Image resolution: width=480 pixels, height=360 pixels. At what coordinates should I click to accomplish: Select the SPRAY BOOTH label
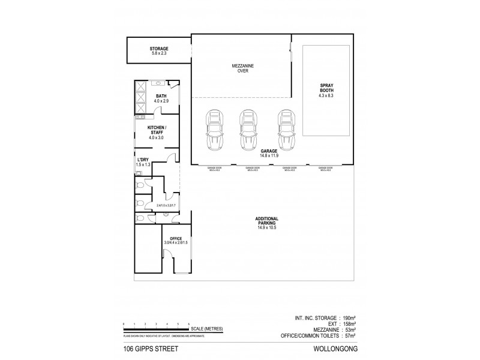[326, 91]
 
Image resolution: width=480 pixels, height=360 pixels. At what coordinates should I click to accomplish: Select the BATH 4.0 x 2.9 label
[161, 98]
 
